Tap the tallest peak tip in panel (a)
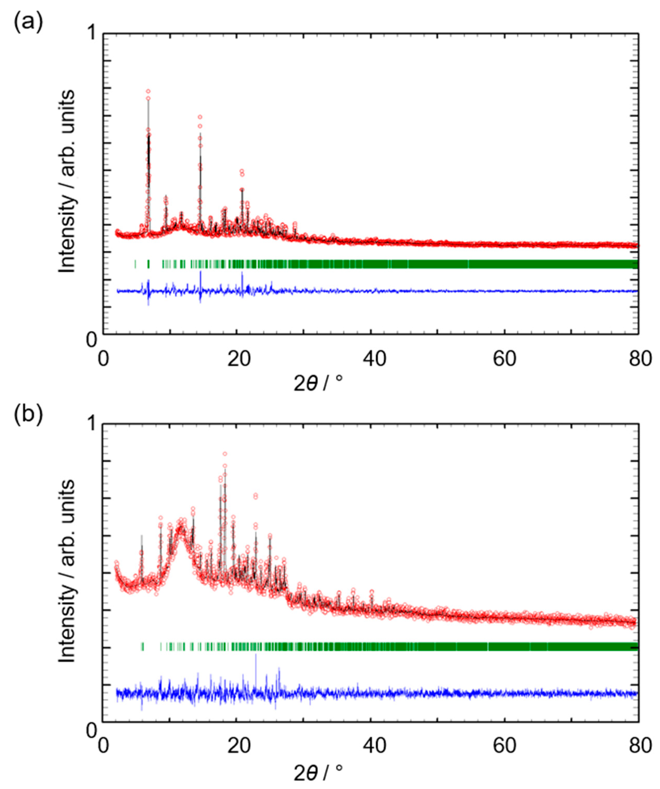(148, 91)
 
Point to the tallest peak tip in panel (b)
(225, 454)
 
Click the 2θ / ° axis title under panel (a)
(318, 384)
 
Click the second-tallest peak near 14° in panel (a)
(200, 117)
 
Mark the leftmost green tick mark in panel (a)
(135, 264)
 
